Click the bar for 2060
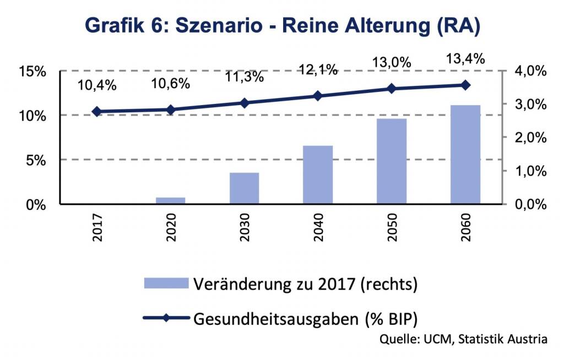[x=465, y=154]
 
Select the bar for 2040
[x=318, y=174]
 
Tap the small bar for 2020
[x=171, y=200]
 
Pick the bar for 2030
[x=244, y=188]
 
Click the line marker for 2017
[x=97, y=111]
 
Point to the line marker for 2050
[x=392, y=89]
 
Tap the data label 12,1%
[x=318, y=70]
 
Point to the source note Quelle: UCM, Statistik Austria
[x=464, y=339]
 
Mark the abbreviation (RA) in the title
[x=455, y=25]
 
